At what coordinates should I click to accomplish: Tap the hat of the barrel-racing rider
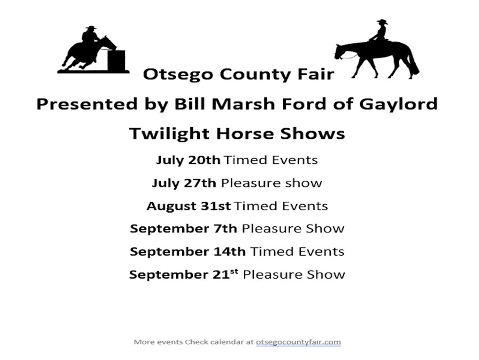click(91, 27)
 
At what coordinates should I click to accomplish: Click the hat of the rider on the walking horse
click(382, 22)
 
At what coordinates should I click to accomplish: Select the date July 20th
click(188, 160)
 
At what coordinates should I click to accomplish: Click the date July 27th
click(183, 183)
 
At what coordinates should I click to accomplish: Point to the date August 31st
click(189, 206)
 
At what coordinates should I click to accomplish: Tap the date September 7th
click(183, 228)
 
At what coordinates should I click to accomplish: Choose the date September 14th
click(188, 251)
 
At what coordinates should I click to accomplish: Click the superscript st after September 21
click(234, 271)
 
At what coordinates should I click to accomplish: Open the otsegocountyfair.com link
click(298, 342)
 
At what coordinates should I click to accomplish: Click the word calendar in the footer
click(224, 342)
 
